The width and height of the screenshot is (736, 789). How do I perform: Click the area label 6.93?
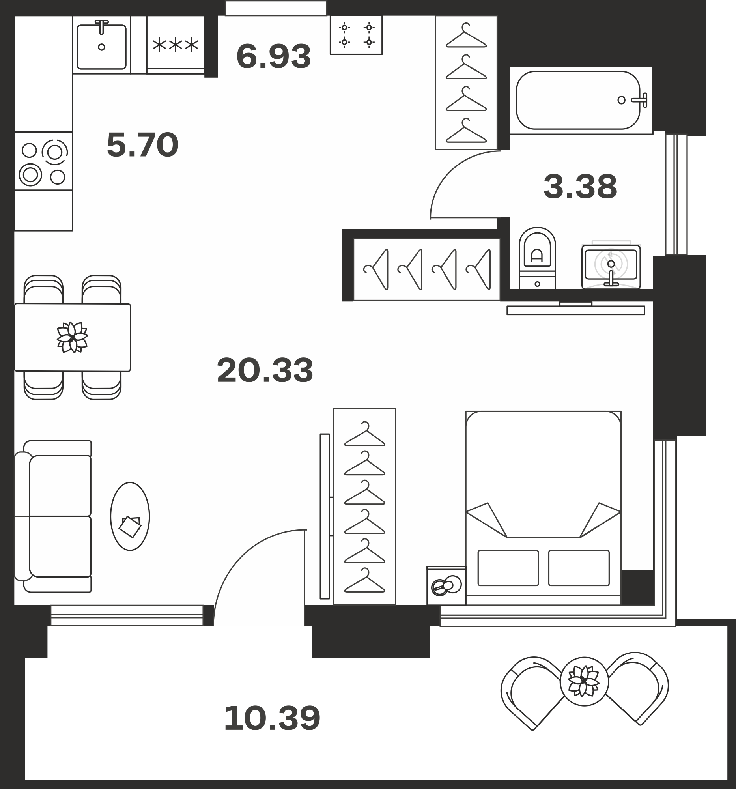(273, 56)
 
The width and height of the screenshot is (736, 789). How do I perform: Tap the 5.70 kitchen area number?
(143, 145)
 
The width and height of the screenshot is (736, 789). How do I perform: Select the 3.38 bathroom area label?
(580, 187)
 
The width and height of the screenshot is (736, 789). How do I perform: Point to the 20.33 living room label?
(265, 370)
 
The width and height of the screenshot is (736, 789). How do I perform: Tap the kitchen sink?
(102, 45)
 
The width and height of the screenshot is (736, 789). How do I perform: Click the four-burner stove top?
(44, 161)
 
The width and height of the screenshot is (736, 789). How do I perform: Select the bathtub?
(581, 101)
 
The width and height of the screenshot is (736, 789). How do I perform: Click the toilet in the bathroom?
(537, 258)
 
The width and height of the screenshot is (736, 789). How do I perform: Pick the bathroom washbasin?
(611, 266)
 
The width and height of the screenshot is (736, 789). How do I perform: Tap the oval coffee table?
(130, 516)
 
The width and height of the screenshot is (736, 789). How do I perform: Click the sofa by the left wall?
(53, 516)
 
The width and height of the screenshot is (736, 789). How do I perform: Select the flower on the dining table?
(72, 337)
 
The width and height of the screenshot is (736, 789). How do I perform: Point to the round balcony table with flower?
(584, 681)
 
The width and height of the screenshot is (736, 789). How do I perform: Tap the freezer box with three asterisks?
(176, 45)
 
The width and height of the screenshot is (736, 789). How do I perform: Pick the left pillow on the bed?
(508, 568)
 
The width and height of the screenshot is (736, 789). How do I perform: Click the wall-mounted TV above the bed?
(576, 310)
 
